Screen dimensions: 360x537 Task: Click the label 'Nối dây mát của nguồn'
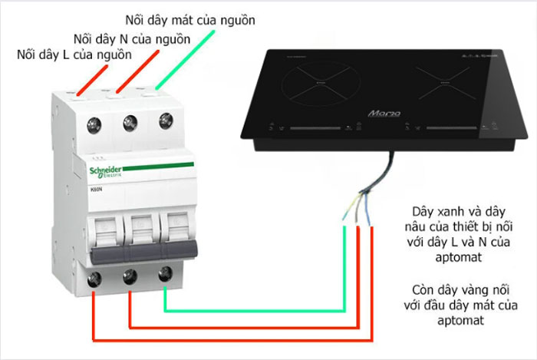pyautogui.click(x=191, y=18)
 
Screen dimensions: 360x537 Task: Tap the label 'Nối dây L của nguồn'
pyautogui.click(x=74, y=54)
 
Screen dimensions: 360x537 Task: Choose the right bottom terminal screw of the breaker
pyautogui.click(x=163, y=272)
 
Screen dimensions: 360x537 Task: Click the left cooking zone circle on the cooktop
pyautogui.click(x=317, y=87)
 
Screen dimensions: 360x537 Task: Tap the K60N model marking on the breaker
pyautogui.click(x=98, y=188)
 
